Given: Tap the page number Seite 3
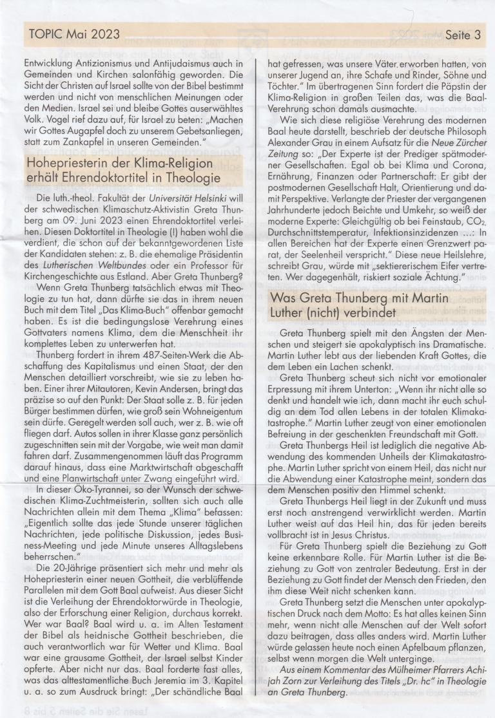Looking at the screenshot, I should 463,35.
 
